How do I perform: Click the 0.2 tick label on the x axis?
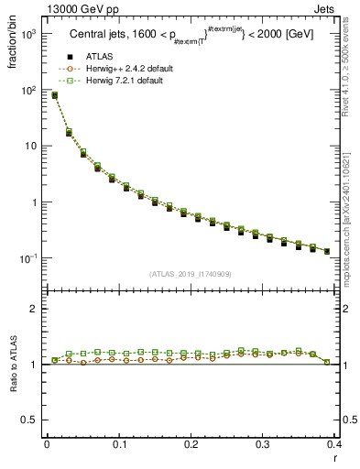(x=191, y=444)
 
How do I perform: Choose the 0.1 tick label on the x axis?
(x=118, y=444)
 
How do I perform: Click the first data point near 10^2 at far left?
(x=54, y=95)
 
